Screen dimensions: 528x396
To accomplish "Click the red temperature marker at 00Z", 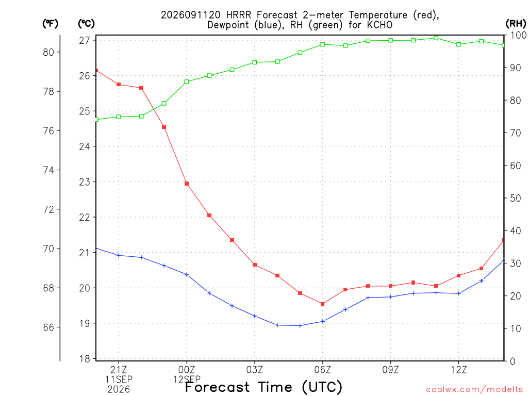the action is click(x=187, y=184).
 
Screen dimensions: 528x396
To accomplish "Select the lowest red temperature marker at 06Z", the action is click(x=323, y=304).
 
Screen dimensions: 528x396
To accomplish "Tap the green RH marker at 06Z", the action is click(x=323, y=44).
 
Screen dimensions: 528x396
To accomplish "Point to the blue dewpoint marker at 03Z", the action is click(x=255, y=316).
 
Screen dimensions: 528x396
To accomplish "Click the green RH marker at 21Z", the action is click(x=119, y=117).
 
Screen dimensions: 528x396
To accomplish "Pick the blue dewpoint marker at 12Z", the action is click(x=458, y=293).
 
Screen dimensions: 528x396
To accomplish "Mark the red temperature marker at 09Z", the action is click(x=391, y=286).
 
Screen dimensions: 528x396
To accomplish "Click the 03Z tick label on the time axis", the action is click(x=255, y=370).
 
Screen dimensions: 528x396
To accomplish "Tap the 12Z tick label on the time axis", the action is click(x=458, y=370).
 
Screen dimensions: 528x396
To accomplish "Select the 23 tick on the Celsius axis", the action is click(x=85, y=182).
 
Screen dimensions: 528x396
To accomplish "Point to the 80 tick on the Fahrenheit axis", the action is click(x=48, y=52).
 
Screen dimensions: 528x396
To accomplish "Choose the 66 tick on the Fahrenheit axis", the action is click(x=48, y=327).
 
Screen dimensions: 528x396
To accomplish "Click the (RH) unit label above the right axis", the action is click(x=516, y=23).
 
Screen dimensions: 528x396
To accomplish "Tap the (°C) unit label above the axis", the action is click(x=86, y=24).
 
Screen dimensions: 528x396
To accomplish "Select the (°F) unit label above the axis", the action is click(x=50, y=24).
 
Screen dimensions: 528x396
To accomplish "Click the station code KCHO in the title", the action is click(x=379, y=25).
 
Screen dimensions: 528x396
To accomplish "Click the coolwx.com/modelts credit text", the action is click(x=474, y=389).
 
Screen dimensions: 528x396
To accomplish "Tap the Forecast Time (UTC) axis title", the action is click(x=263, y=387).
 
